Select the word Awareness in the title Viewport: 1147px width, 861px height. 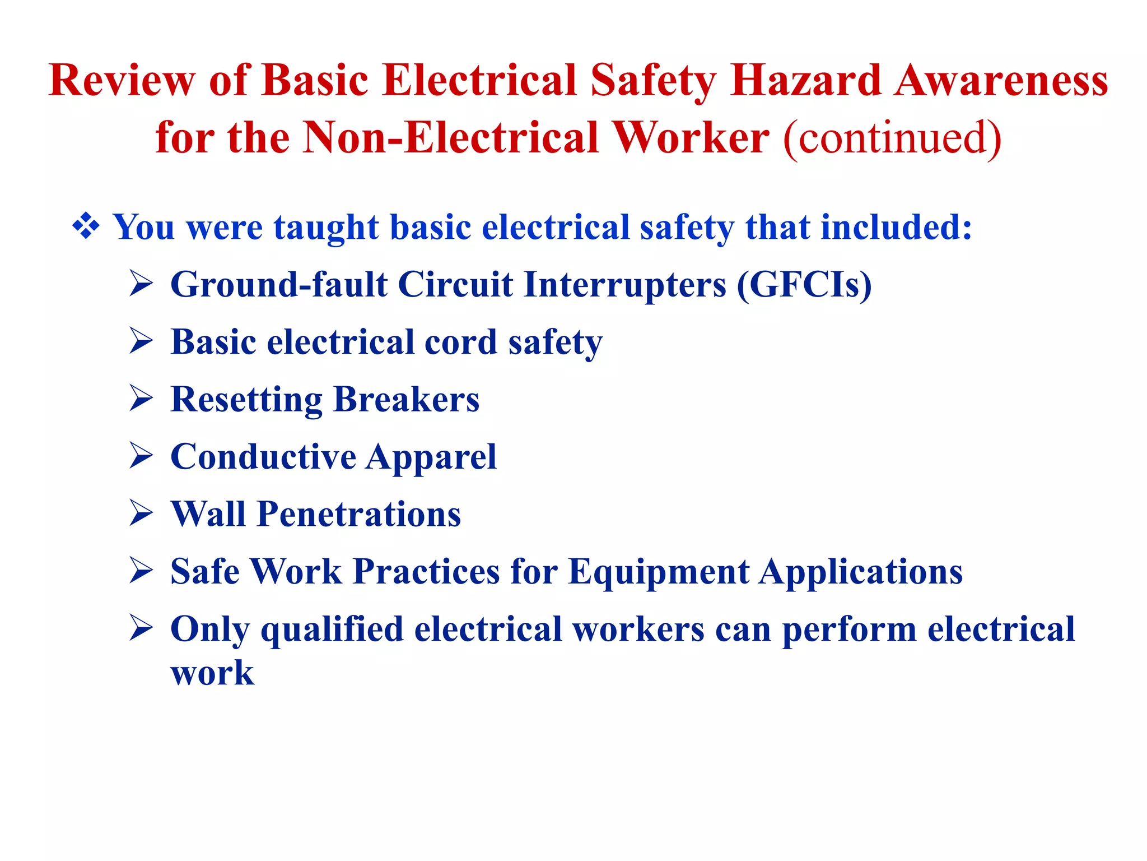[x=1001, y=80]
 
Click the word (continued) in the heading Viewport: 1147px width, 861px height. [x=892, y=137]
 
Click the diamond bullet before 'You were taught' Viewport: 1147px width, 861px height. [x=86, y=227]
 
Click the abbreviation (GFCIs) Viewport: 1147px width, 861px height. [x=804, y=285]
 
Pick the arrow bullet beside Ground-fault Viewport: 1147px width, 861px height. [x=141, y=283]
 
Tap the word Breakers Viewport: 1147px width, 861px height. [x=406, y=399]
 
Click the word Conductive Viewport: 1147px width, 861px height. [x=263, y=456]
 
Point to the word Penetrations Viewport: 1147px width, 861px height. [x=358, y=514]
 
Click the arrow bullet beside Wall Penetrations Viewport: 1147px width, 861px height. [x=141, y=513]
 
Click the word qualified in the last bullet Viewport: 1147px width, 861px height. [x=332, y=629]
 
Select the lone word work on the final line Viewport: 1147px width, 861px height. [x=212, y=673]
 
